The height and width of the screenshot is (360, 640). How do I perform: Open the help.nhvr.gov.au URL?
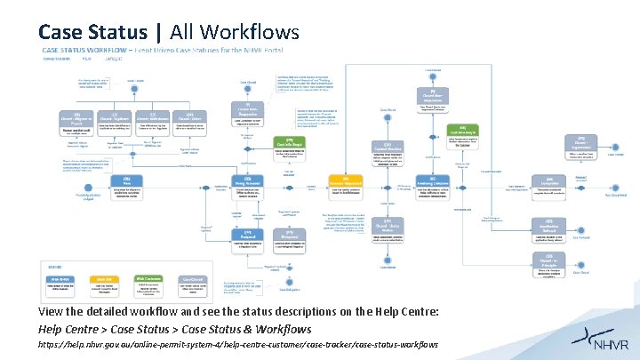point(237,344)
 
